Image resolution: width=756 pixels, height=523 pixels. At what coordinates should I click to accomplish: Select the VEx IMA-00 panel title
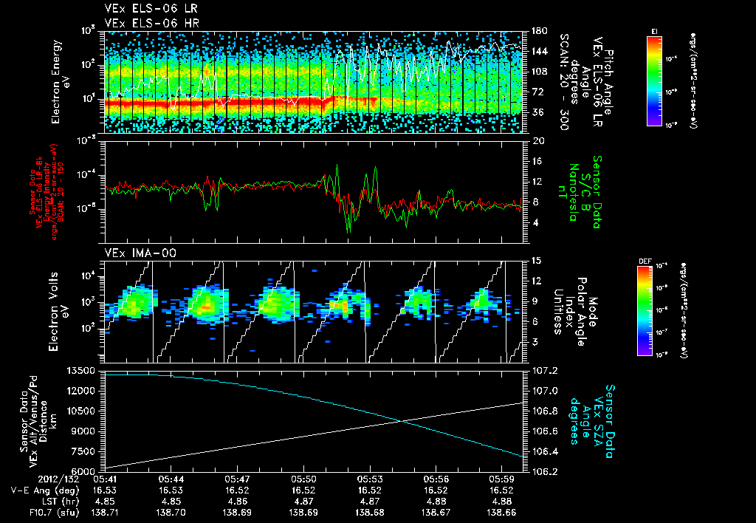click(136, 253)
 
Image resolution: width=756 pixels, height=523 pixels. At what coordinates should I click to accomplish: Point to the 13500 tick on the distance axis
click(83, 370)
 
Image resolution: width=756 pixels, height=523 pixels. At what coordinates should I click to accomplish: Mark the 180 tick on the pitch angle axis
click(538, 31)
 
